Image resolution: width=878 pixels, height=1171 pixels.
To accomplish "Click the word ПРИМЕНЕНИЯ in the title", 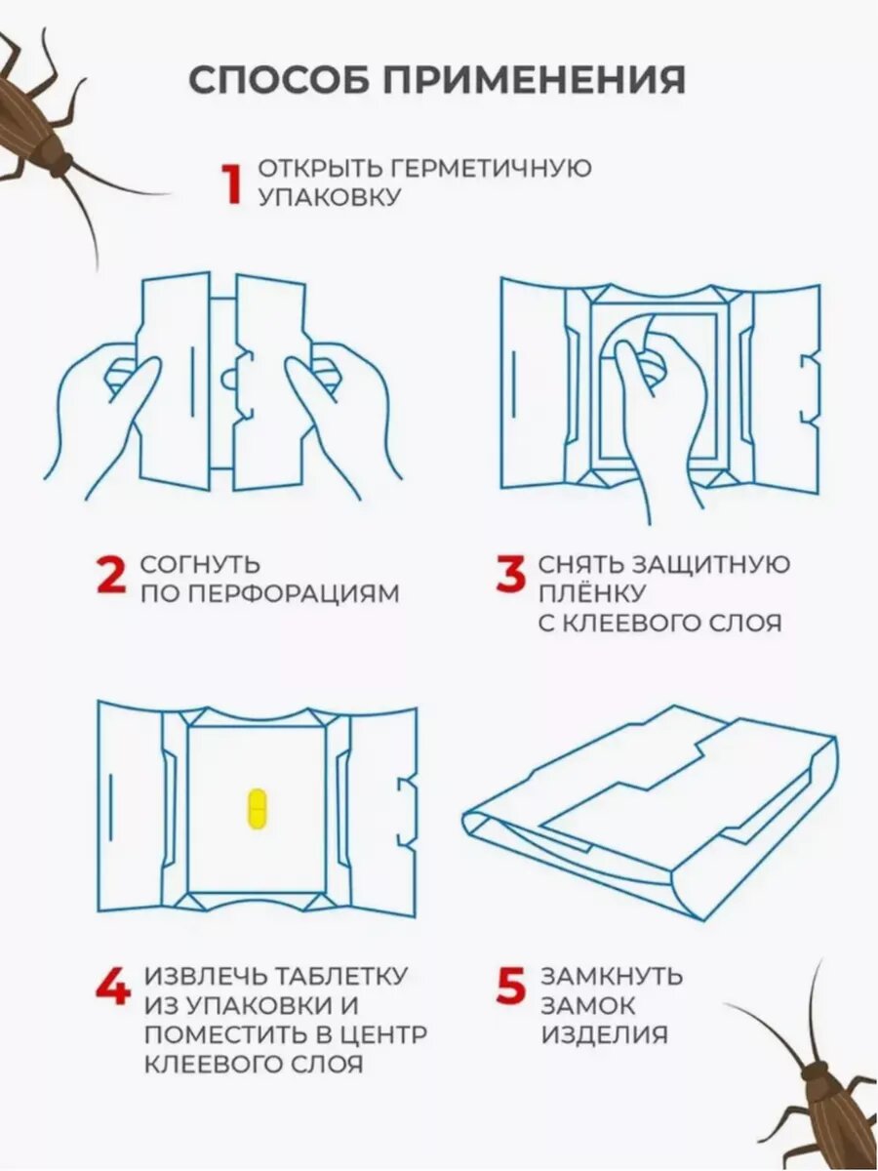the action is [x=535, y=80].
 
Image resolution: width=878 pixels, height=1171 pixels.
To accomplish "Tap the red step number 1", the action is [x=232, y=183].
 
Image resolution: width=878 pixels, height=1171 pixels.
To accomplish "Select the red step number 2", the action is [x=111, y=576].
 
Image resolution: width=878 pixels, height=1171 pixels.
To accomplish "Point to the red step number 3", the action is [x=510, y=574].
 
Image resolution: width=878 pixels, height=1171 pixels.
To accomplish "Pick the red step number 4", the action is [x=113, y=987].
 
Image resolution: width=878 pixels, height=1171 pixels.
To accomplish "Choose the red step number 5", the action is [x=511, y=987].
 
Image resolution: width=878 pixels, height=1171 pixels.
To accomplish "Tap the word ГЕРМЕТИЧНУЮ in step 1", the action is [x=492, y=169].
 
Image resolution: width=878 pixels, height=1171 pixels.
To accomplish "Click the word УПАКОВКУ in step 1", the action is [x=330, y=197].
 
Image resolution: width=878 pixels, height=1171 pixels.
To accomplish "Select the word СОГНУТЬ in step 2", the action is [x=200, y=564].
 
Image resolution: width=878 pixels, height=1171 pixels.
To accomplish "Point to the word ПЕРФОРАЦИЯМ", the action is [x=295, y=594].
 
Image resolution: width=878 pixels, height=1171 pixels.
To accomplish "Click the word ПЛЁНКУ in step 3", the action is [x=593, y=591].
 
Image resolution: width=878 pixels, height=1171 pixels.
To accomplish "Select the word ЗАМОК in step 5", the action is [x=588, y=1007].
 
